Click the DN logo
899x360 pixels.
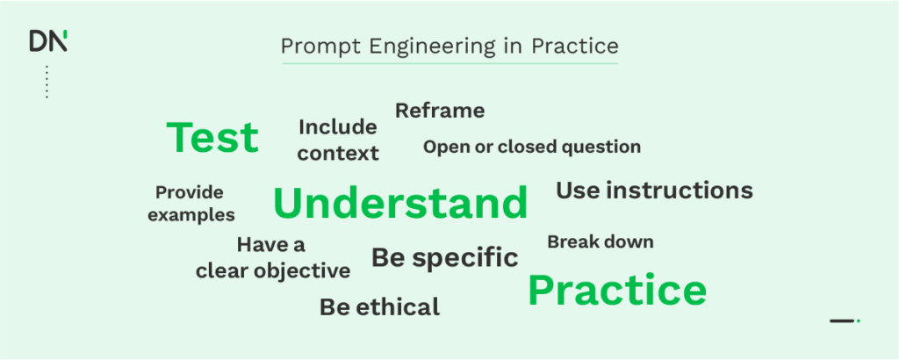point(47,41)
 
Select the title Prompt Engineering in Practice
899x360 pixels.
point(449,46)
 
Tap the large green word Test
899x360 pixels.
point(212,138)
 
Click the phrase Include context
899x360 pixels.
point(338,140)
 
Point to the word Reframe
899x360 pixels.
point(440,111)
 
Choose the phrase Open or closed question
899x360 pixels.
point(532,147)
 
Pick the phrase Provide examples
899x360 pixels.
point(191,203)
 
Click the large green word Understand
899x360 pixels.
point(400,204)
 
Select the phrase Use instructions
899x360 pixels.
point(654,190)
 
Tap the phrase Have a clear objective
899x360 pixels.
point(272,258)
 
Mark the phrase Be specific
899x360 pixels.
point(444,258)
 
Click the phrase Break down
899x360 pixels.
point(601,241)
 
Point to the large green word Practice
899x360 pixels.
point(617,291)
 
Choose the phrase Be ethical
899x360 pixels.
point(379,307)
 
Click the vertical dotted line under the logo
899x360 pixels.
point(47,81)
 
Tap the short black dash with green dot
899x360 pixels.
point(844,320)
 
